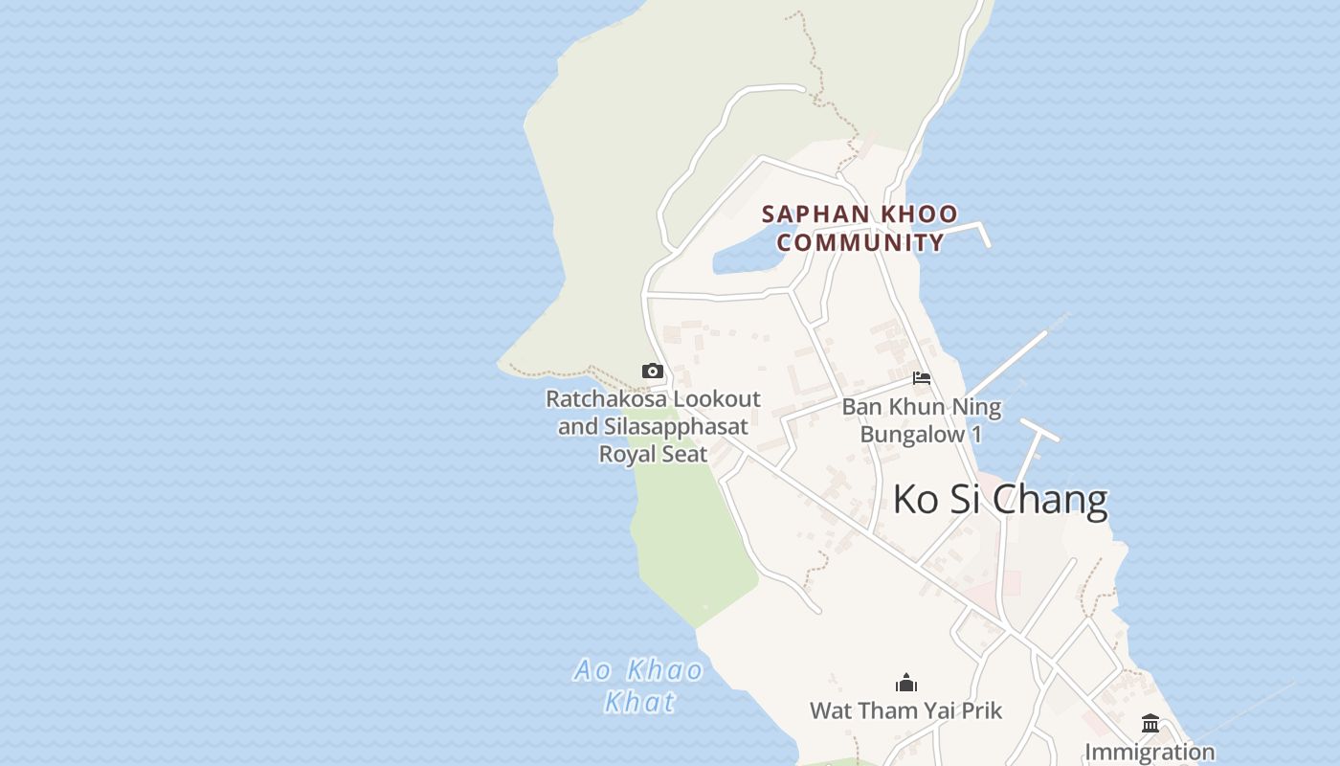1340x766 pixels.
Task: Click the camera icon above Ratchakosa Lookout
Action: tap(653, 372)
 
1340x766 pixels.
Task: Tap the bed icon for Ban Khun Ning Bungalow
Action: tap(922, 378)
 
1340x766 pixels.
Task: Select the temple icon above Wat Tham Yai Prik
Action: tap(905, 683)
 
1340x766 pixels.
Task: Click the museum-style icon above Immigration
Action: tap(1150, 724)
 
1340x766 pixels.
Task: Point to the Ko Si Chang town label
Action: tap(999, 500)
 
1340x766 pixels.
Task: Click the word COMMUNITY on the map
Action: tap(860, 242)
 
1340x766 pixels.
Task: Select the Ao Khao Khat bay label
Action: tap(639, 685)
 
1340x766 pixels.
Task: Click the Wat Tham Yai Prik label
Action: tap(905, 710)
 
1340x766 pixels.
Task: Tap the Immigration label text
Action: tap(1150, 753)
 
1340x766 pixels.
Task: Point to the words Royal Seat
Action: tap(653, 454)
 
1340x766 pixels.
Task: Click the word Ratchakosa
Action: tap(607, 399)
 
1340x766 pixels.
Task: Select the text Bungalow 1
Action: tap(921, 434)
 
